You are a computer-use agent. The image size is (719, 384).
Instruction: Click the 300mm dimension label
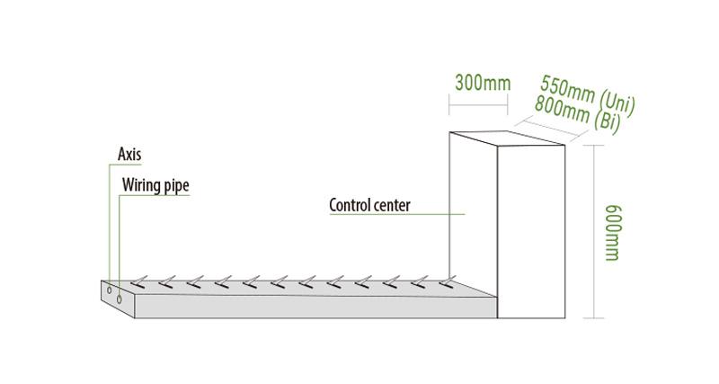point(483,83)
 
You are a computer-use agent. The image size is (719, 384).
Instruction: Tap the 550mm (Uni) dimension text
point(588,96)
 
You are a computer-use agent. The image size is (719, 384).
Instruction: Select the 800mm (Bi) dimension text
point(578,114)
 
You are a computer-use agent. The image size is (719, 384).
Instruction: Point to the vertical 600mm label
point(613,233)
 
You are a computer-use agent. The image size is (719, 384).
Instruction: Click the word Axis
point(129,154)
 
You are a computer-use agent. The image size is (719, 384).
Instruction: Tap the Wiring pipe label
point(155,185)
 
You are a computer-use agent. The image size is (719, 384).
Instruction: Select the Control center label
point(369,205)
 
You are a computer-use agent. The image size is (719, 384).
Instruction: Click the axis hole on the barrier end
point(110,290)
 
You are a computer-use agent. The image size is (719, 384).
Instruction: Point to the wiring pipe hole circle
point(120,299)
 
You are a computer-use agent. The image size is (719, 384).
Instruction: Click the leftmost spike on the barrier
point(139,282)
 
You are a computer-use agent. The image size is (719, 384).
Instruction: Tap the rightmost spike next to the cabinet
point(448,281)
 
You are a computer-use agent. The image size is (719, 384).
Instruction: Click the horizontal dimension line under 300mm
point(478,105)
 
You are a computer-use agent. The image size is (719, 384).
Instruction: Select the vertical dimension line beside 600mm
point(594,231)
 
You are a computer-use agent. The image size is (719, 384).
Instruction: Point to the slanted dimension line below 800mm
point(551,129)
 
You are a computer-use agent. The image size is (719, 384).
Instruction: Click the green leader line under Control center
point(397,214)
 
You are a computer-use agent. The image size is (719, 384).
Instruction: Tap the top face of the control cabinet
point(507,138)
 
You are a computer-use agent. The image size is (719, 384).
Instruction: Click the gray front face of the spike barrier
point(316,307)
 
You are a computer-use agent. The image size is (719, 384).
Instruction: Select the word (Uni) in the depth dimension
point(617,104)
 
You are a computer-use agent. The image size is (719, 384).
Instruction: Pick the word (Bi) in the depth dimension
point(608,122)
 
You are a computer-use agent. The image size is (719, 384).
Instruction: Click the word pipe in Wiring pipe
point(176,186)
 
